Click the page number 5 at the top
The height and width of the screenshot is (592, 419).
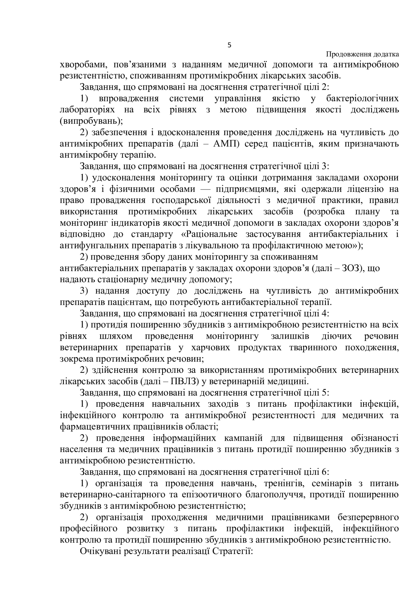point(229,45)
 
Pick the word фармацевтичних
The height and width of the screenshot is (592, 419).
point(95,427)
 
